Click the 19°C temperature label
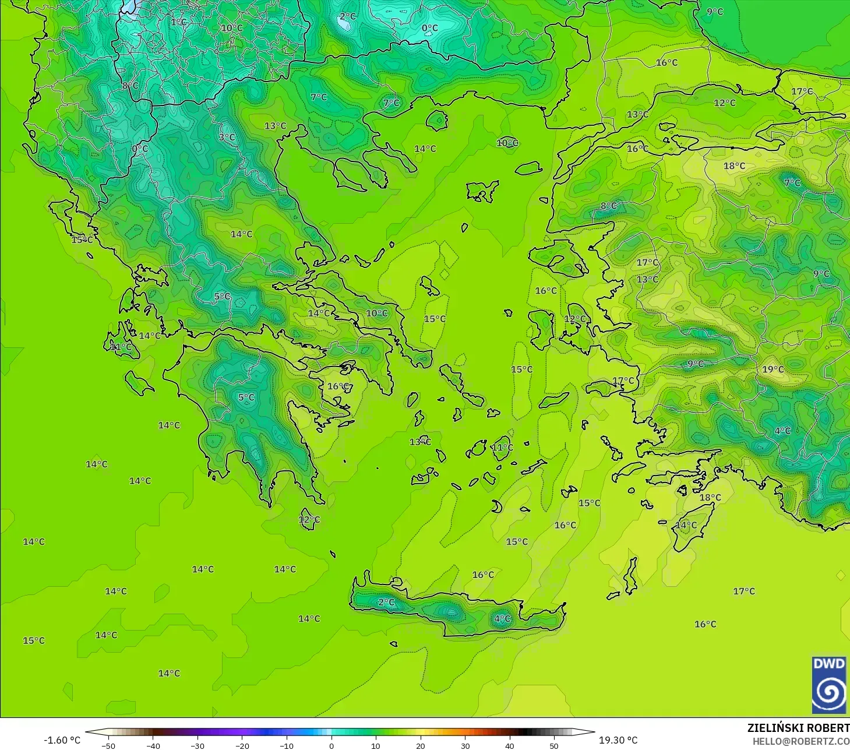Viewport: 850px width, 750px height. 773,369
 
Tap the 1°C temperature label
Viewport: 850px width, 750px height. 179,22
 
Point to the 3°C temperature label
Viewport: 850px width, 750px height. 227,138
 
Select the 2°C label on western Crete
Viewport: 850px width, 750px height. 386,602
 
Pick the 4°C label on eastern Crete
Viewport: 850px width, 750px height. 502,619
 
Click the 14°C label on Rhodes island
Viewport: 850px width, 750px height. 686,525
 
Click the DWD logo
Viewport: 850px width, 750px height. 828,684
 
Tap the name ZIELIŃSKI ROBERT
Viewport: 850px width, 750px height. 798,728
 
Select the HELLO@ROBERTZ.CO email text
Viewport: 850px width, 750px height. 800,741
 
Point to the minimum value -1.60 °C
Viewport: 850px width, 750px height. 62,740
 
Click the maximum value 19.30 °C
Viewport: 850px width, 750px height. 618,740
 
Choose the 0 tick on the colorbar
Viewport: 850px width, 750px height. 331,745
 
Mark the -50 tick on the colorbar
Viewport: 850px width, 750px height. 108,745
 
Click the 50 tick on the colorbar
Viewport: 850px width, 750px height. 554,745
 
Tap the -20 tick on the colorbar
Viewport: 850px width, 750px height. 242,745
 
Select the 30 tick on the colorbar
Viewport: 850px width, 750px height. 465,745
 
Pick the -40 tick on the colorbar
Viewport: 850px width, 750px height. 153,745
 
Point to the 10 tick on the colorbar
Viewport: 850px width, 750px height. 376,745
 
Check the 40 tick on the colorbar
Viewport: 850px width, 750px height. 509,745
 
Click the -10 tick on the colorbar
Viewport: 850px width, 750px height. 287,745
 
